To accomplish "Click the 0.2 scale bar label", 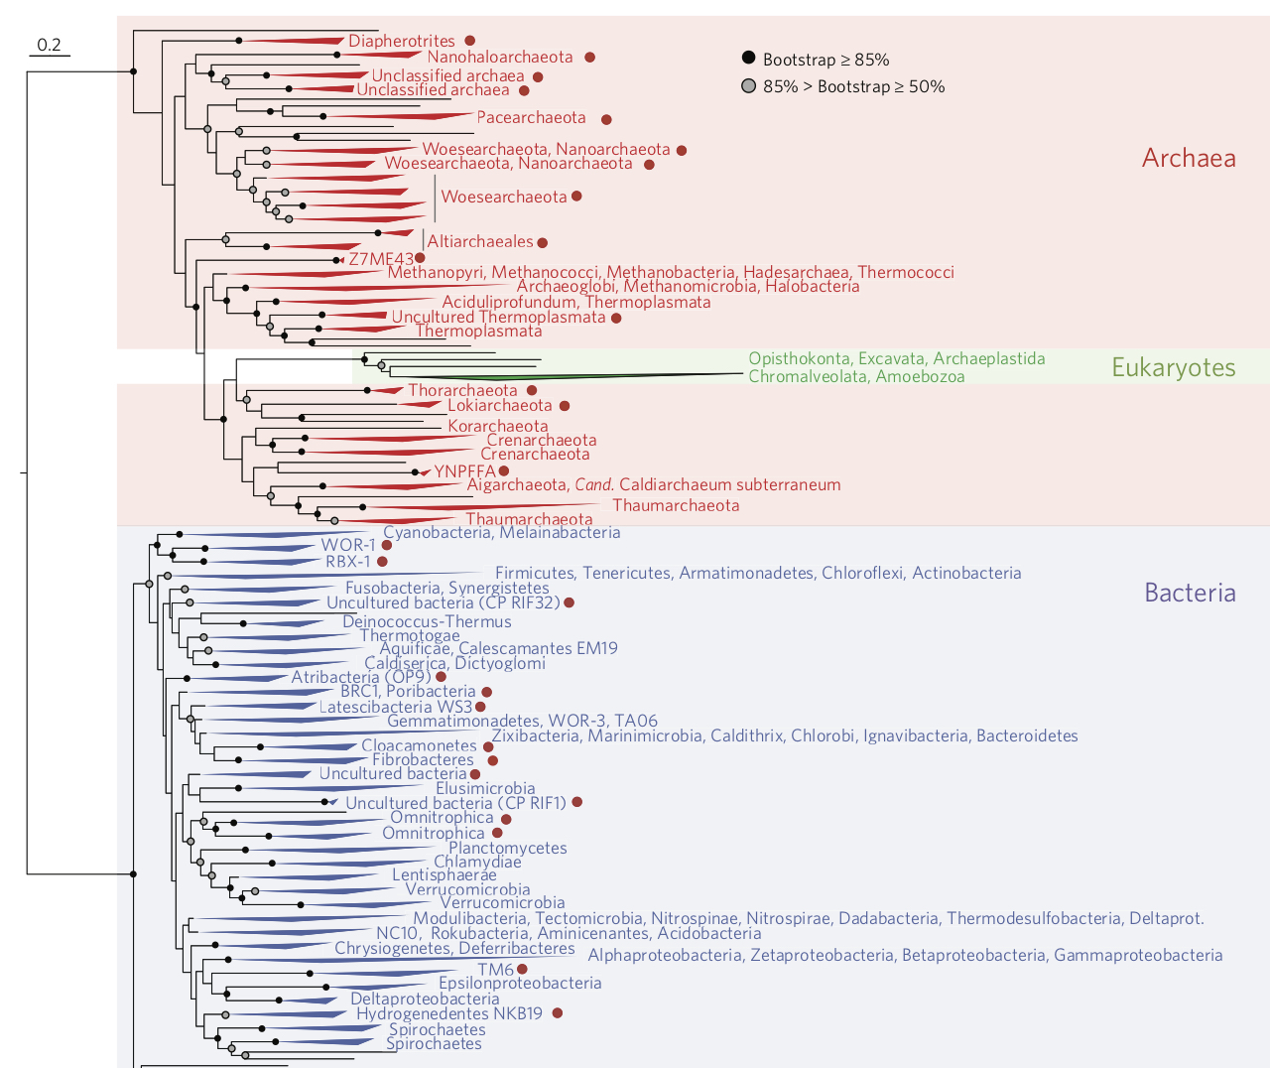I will click(x=49, y=45).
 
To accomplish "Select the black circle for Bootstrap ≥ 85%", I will click(x=749, y=60).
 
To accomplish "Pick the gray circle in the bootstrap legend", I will click(x=749, y=86).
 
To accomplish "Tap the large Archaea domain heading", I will click(x=1189, y=158).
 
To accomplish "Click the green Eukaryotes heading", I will click(x=1173, y=367).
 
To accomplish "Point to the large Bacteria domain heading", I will click(x=1190, y=593).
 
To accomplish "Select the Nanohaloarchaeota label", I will click(x=500, y=58).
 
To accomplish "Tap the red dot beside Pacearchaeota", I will click(x=606, y=119).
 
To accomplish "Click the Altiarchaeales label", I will click(x=480, y=242).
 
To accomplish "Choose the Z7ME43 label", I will click(x=381, y=259).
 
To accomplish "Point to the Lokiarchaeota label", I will click(x=499, y=405).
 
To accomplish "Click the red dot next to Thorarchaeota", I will click(x=532, y=391).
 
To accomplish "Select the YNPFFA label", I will click(x=464, y=471).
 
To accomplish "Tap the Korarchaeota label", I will click(x=497, y=426).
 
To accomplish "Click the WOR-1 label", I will click(x=348, y=545).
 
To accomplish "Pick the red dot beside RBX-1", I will click(x=382, y=562).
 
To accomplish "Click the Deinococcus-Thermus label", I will click(x=427, y=621).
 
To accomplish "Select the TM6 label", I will click(x=495, y=969).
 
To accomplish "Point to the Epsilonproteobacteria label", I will click(x=520, y=983).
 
